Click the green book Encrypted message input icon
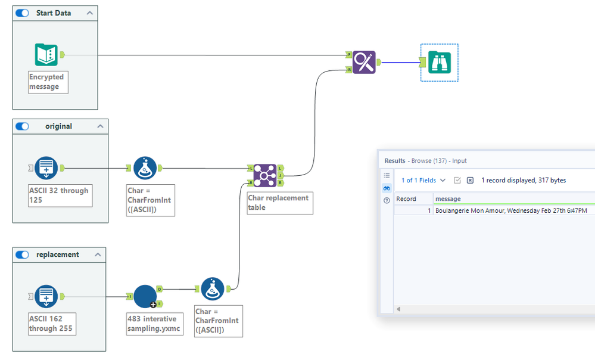(46, 55)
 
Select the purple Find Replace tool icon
(363, 62)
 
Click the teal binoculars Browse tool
(439, 62)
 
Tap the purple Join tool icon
(264, 175)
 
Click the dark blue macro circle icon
(145, 296)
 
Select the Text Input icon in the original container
(46, 168)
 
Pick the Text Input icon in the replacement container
(46, 296)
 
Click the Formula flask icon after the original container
(145, 168)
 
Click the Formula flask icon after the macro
(213, 289)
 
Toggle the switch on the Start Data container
(22, 13)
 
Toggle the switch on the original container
(22, 126)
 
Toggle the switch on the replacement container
(22, 255)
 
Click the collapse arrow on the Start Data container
(89, 13)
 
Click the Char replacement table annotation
(280, 203)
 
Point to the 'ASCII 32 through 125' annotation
(60, 195)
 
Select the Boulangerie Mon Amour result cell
(511, 210)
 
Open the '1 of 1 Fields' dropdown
(423, 180)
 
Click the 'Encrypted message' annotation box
(48, 82)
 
